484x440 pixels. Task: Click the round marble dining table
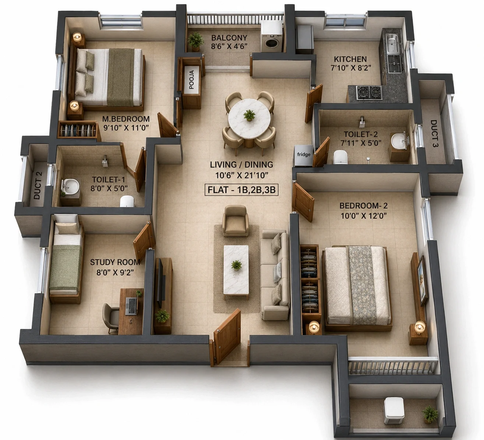point(249,119)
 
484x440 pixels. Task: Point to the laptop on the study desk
point(132,306)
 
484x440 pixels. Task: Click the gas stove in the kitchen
point(370,92)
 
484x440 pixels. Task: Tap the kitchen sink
point(392,43)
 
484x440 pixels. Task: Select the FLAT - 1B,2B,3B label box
point(241,190)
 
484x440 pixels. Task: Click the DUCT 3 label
point(434,134)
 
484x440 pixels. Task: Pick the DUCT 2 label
point(38,185)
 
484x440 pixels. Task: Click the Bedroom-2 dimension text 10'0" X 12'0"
point(364,216)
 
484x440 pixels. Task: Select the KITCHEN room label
point(350,59)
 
